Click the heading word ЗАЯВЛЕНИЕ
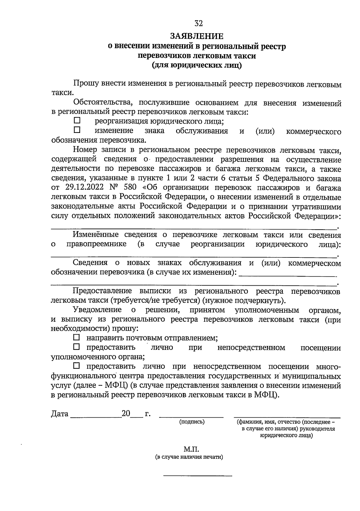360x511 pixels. pyautogui.click(x=197, y=36)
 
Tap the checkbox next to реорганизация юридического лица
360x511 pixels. pyautogui.click(x=77, y=121)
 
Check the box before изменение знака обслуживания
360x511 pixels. pyautogui.click(x=77, y=130)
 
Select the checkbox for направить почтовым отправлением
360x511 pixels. pyautogui.click(x=77, y=337)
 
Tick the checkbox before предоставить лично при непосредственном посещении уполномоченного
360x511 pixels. pyautogui.click(x=77, y=347)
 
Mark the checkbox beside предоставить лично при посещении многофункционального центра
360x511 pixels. pyautogui.click(x=77, y=366)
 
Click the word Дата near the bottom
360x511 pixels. pyautogui.click(x=60, y=414)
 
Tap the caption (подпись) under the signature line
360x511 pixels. pyautogui.click(x=192, y=422)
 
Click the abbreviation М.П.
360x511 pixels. pyautogui.click(x=191, y=449)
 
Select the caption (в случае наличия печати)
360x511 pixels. pyautogui.click(x=189, y=457)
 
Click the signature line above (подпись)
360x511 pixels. pyautogui.click(x=191, y=417)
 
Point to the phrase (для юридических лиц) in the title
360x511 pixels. pyautogui.click(x=197, y=65)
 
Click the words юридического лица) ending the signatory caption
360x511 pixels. pyautogui.click(x=286, y=435)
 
